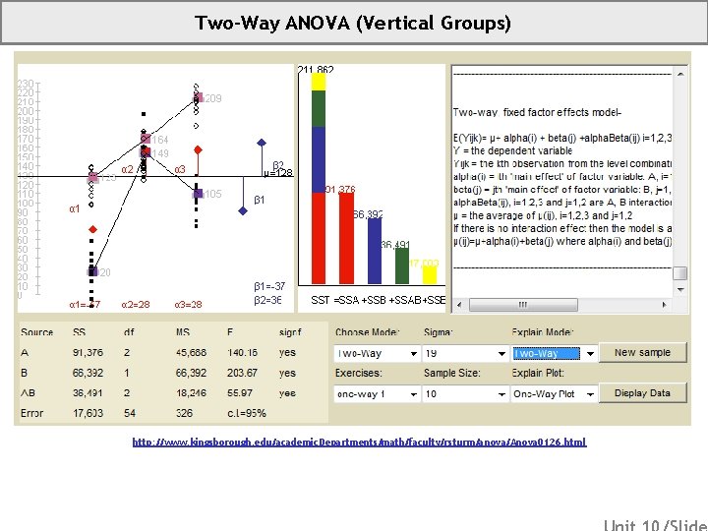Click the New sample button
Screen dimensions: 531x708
tap(642, 353)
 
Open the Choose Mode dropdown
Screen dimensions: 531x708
tap(375, 354)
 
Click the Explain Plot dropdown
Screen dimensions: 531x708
tap(555, 393)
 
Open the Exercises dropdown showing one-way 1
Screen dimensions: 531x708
tap(375, 393)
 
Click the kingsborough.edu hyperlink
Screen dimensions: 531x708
tap(359, 442)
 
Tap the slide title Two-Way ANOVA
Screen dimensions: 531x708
tap(353, 23)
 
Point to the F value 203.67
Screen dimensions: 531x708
tap(240, 374)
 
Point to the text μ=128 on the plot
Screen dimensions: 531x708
tap(278, 174)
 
